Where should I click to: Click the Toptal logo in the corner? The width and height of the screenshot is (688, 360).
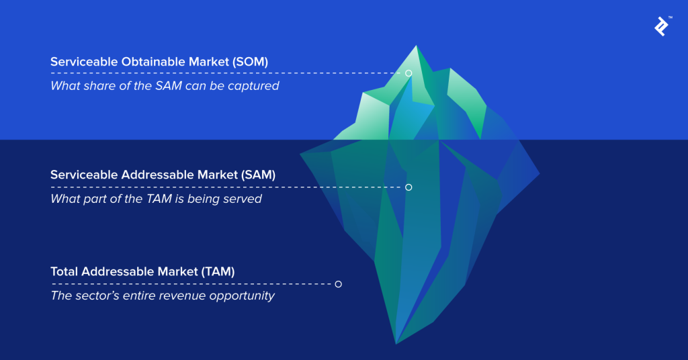(x=661, y=26)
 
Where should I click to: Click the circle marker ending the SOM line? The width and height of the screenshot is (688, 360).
(x=408, y=73)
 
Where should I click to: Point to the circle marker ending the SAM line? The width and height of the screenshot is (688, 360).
(x=408, y=187)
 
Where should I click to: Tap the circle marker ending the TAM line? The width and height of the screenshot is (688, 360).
(x=338, y=284)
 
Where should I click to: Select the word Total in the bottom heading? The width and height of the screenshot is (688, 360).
(x=64, y=271)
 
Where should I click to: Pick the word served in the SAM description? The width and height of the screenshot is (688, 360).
(x=242, y=199)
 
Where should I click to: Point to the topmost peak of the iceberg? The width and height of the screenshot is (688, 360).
(x=417, y=46)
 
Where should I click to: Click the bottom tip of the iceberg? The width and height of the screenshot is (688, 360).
(x=396, y=343)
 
